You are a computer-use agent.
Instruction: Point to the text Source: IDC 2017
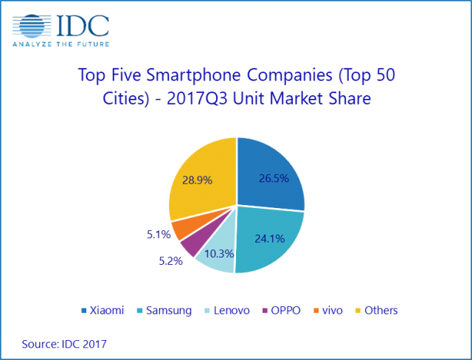point(64,343)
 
